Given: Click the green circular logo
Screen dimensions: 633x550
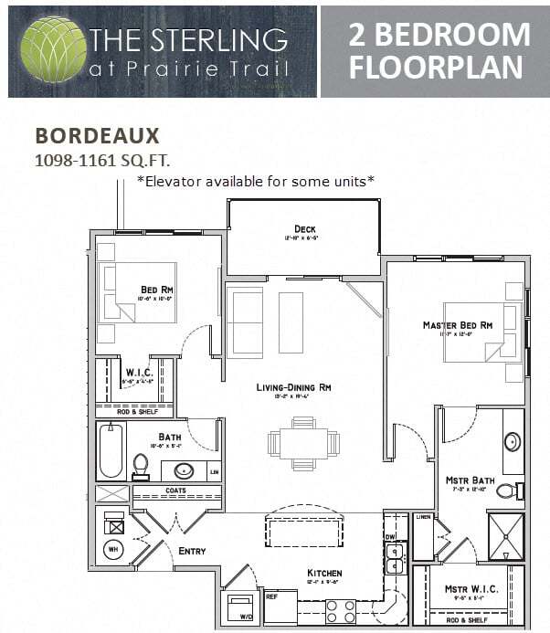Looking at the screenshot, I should coord(53,49).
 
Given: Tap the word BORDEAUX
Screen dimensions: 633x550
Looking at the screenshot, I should coord(97,136).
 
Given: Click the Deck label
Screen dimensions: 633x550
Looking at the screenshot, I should coord(304,228).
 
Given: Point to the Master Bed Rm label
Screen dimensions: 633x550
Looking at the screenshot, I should coord(457,325).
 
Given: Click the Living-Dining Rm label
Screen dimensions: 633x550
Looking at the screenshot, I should coord(293,387).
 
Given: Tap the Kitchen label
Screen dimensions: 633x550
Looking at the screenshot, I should coord(324,574).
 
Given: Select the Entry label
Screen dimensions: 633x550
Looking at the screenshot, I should coord(192,551).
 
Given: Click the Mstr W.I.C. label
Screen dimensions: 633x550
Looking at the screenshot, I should coord(471,589).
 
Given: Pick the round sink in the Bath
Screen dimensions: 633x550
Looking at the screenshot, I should coord(184,471).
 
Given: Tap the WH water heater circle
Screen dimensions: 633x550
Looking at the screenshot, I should coord(114,551).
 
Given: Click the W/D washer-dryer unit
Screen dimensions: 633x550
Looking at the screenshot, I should coord(240,608).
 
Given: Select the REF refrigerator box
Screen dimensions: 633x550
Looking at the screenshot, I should coord(280,607).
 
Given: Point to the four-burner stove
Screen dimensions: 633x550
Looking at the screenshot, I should coord(341,609).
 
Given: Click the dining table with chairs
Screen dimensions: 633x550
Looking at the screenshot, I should coord(303,444).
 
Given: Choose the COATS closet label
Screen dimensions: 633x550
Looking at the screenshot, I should coord(175,491).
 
